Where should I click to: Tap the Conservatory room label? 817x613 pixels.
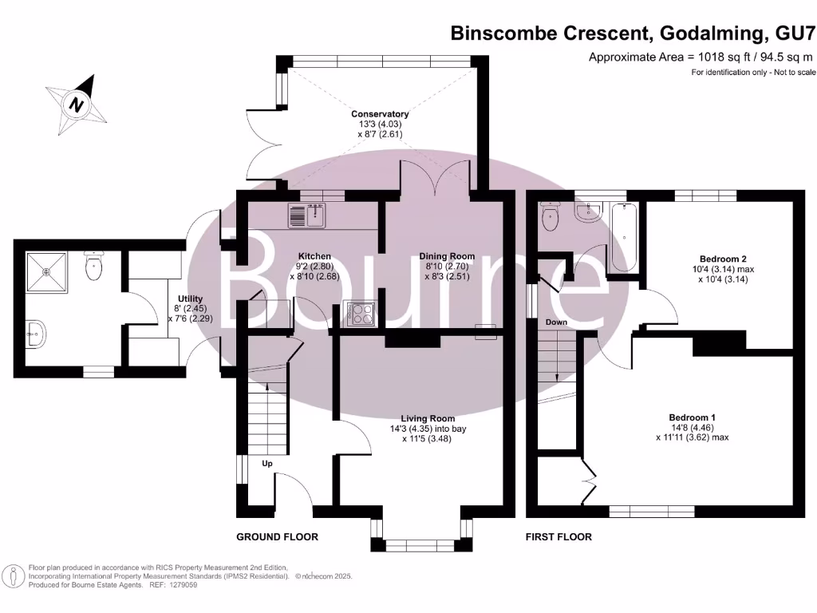pos(380,114)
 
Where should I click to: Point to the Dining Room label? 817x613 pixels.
pos(447,256)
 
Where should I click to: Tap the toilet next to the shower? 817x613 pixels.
pos(94,267)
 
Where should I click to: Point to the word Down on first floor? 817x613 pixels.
pos(556,322)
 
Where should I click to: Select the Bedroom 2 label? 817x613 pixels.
pos(723,259)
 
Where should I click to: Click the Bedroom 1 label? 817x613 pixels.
pos(692,417)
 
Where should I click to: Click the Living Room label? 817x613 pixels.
pos(428,418)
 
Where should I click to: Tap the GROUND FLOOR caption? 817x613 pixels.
pos(277,537)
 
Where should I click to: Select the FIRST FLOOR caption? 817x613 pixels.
pos(558,537)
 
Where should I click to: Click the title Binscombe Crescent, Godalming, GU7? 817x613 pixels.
pos(633,34)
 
